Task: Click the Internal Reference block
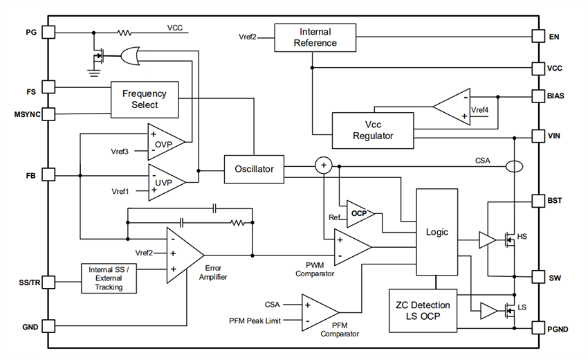[315, 37]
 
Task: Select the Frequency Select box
[145, 99]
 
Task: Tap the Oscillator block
[254, 168]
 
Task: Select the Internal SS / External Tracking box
[111, 278]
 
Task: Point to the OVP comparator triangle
[165, 142]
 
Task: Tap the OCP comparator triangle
[360, 213]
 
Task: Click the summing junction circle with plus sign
[323, 165]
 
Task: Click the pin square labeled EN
[538, 35]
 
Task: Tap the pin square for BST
[538, 201]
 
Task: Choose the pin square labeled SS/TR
[49, 282]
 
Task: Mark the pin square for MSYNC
[49, 114]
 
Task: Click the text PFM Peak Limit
[254, 321]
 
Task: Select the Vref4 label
[479, 109]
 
